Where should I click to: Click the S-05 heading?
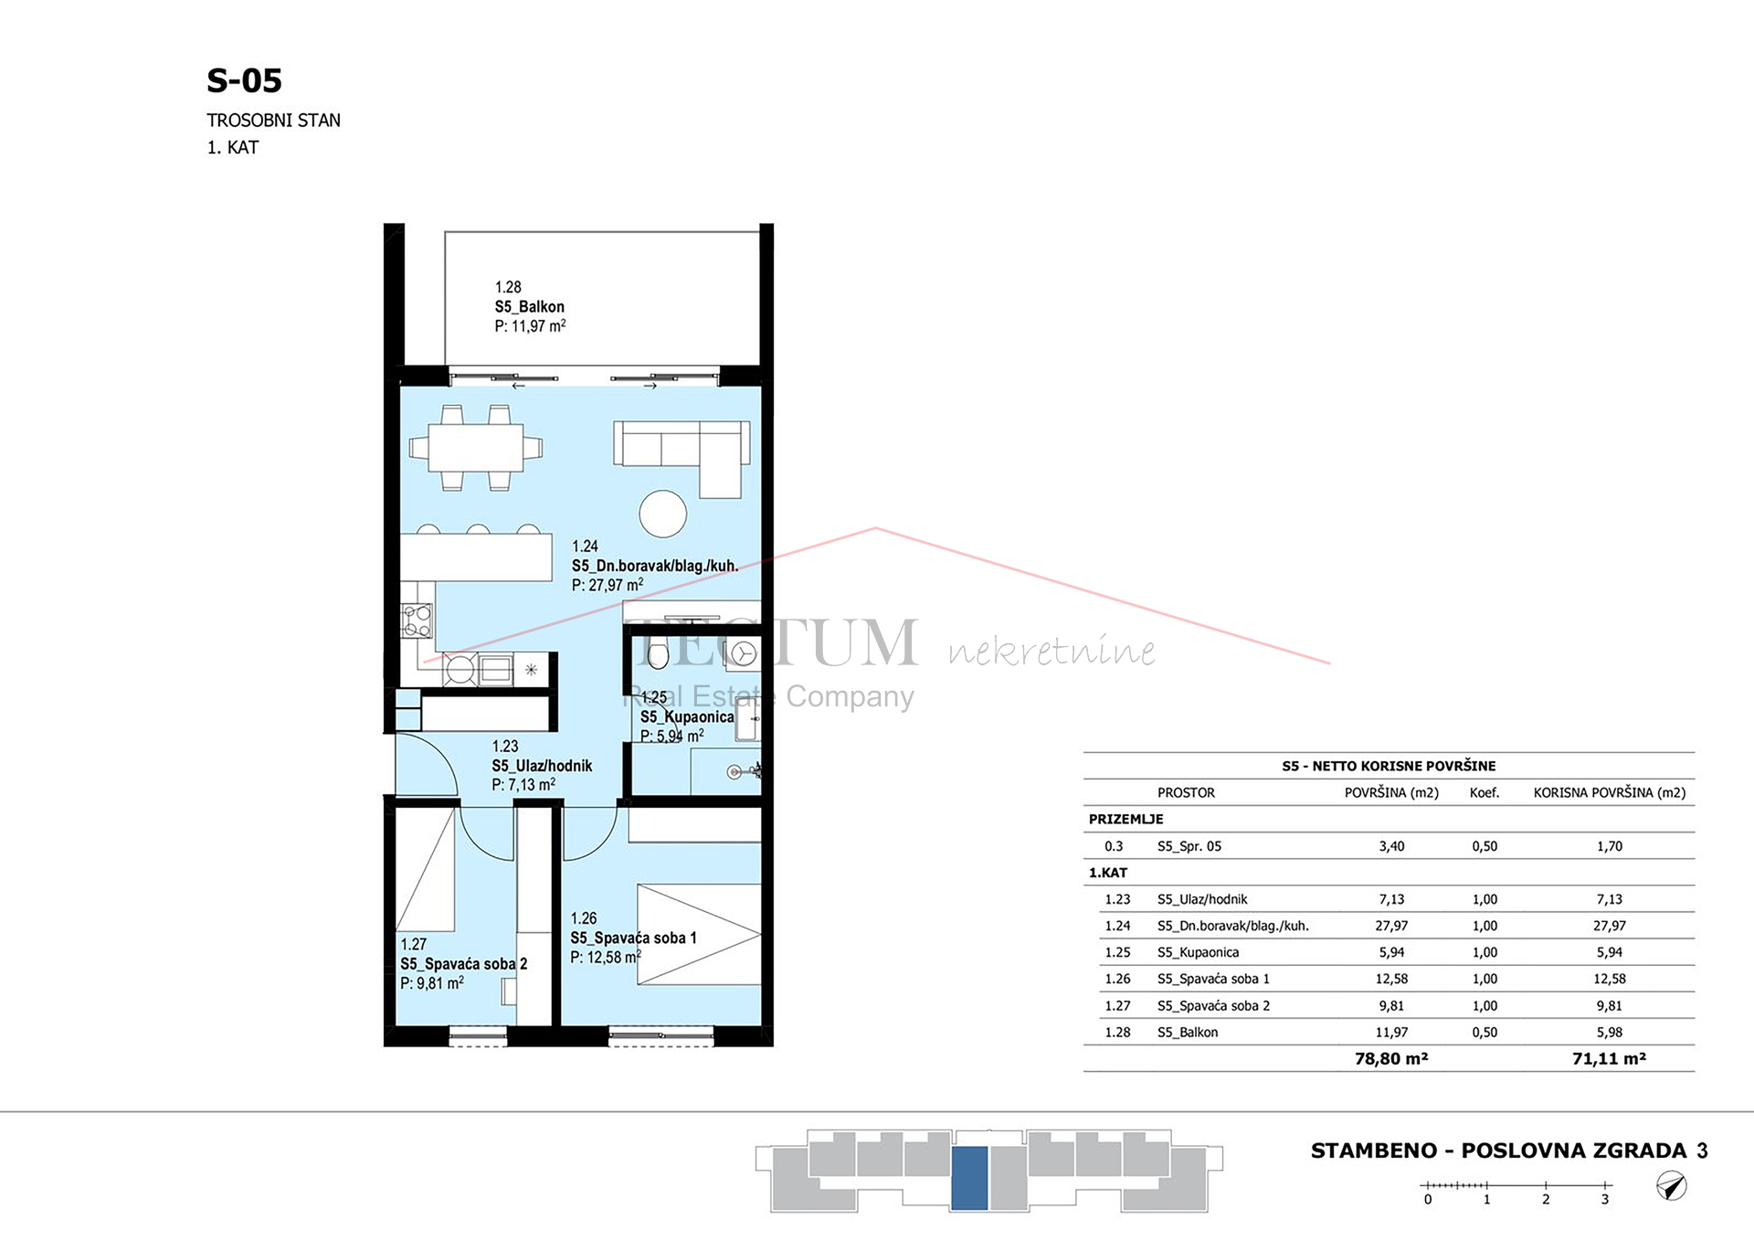[x=244, y=80]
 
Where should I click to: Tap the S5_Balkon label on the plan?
[x=530, y=307]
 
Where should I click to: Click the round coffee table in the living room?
[x=662, y=514]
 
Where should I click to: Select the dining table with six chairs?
[x=476, y=448]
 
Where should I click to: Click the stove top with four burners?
[x=417, y=621]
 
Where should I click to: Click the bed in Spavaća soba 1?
[x=699, y=934]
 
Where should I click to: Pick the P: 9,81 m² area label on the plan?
[x=432, y=983]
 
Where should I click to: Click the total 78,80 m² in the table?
[x=1391, y=1058]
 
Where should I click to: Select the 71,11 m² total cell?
[x=1609, y=1058]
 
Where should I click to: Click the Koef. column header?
[x=1485, y=792]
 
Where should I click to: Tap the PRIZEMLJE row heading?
[x=1125, y=819]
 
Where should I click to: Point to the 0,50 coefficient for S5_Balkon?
[x=1485, y=1032]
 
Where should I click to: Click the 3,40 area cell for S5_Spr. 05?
[x=1391, y=846]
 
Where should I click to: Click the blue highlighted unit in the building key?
[x=969, y=1178]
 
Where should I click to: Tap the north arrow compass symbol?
[x=1671, y=1186]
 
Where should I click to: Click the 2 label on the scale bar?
[x=1546, y=1200]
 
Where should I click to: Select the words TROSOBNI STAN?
[x=273, y=121]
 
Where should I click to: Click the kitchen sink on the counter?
[x=496, y=670]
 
